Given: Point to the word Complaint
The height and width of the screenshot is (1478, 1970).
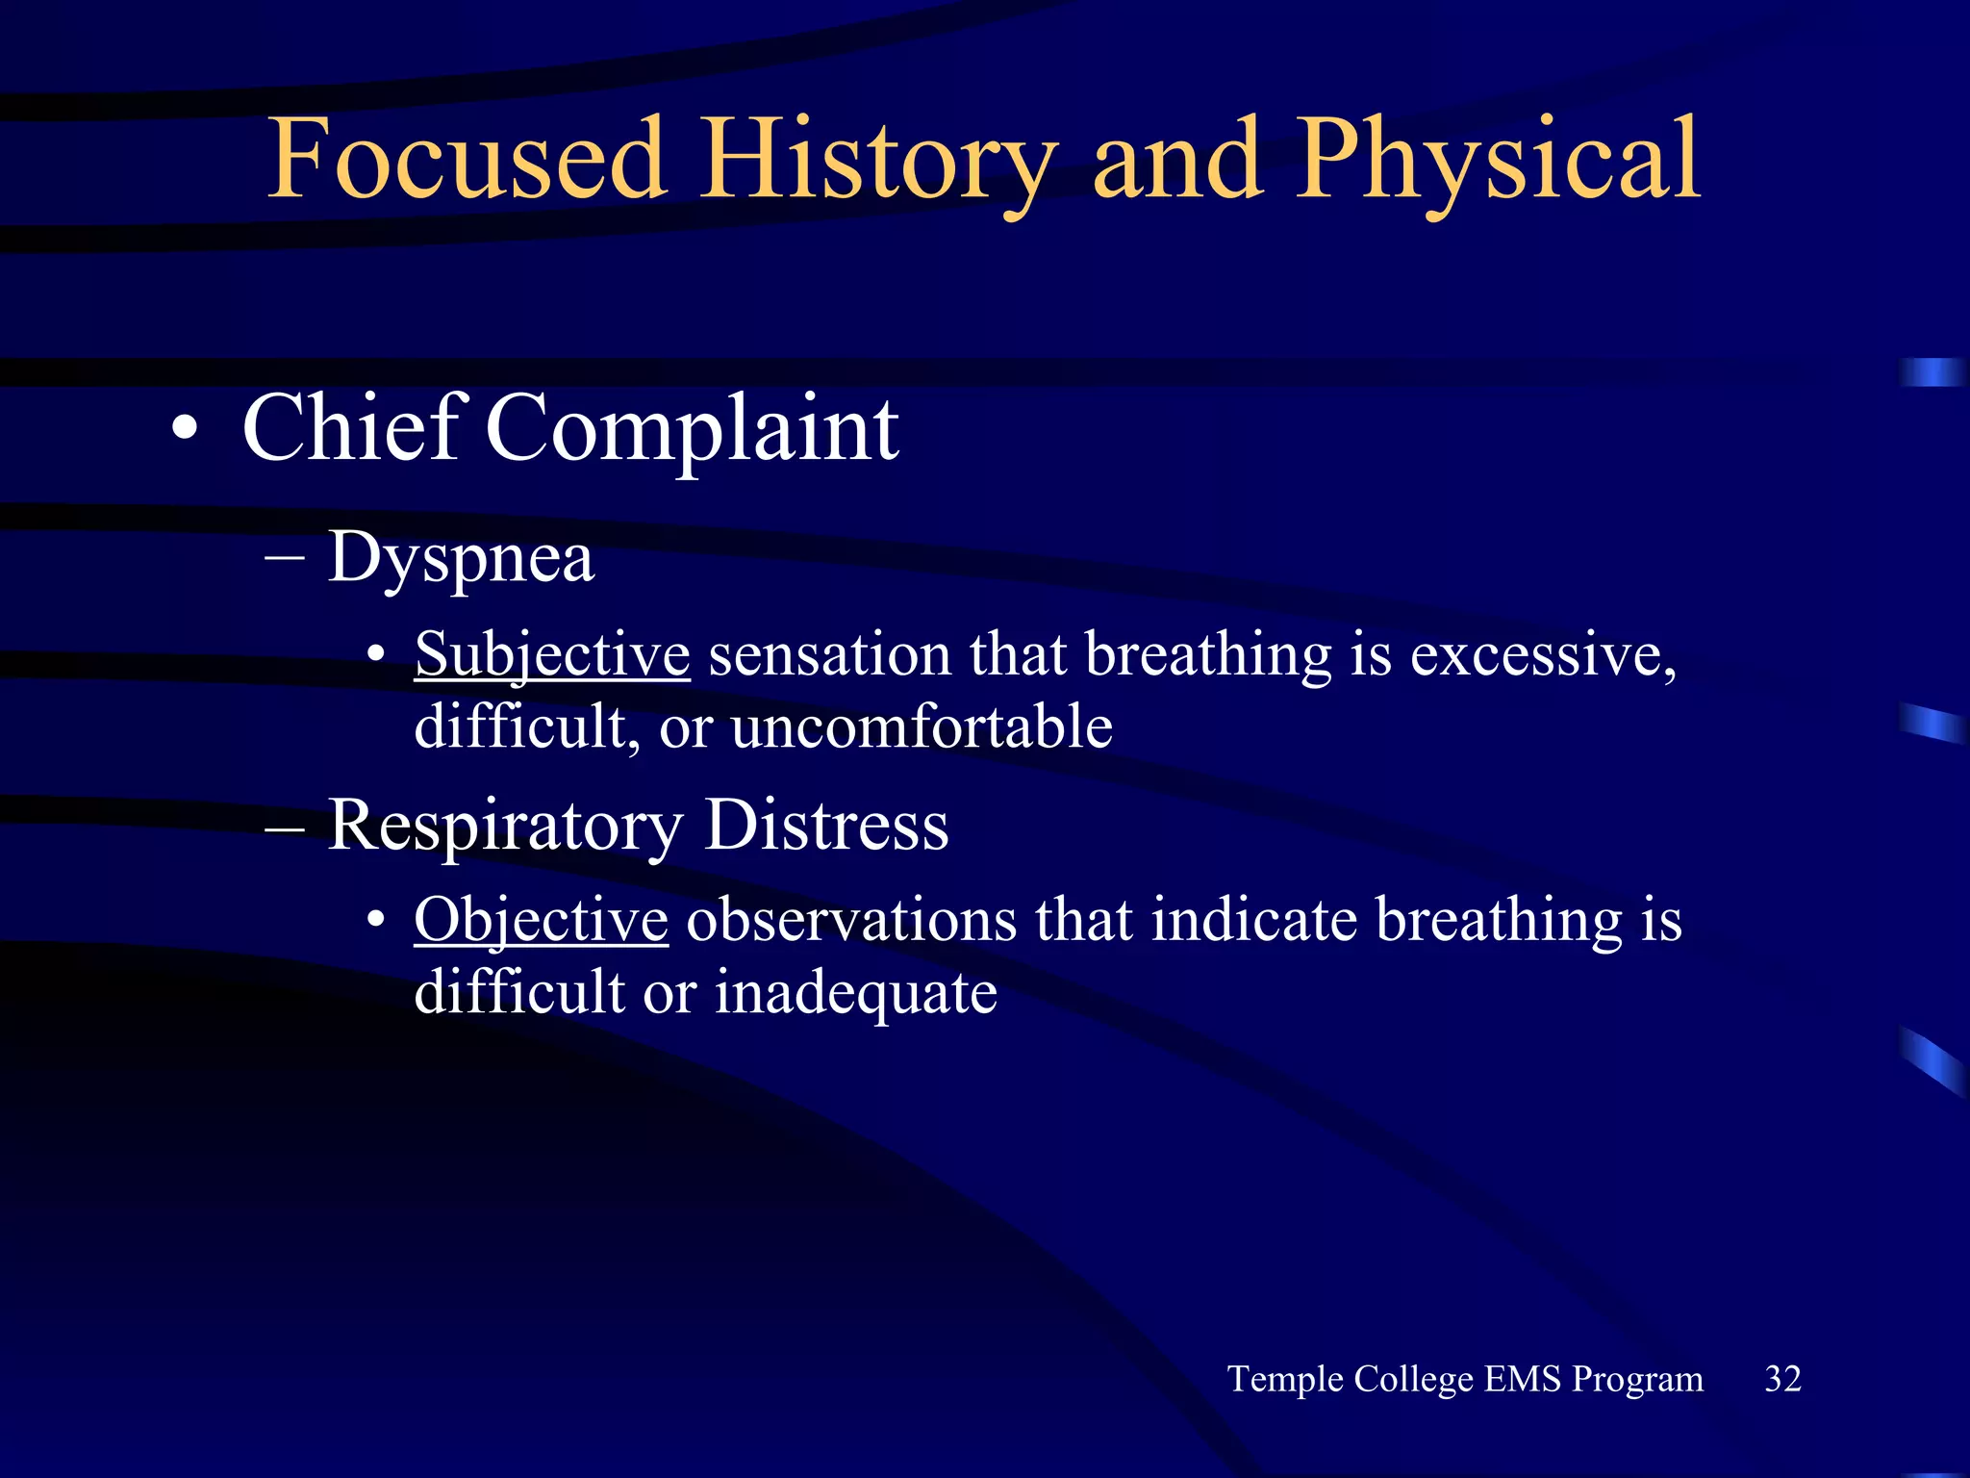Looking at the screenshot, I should tap(693, 429).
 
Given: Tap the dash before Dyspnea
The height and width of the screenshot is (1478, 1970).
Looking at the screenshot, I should tap(284, 558).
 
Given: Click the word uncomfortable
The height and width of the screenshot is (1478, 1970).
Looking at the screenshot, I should tap(922, 726).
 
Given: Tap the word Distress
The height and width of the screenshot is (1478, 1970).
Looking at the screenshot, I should tap(826, 826).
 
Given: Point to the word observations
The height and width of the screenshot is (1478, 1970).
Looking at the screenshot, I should tap(850, 920).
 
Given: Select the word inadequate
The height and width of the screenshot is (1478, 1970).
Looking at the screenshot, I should tap(855, 993).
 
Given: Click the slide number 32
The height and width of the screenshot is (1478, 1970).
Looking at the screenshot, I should tap(1782, 1379).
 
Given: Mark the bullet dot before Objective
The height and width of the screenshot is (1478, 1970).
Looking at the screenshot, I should tap(376, 921).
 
